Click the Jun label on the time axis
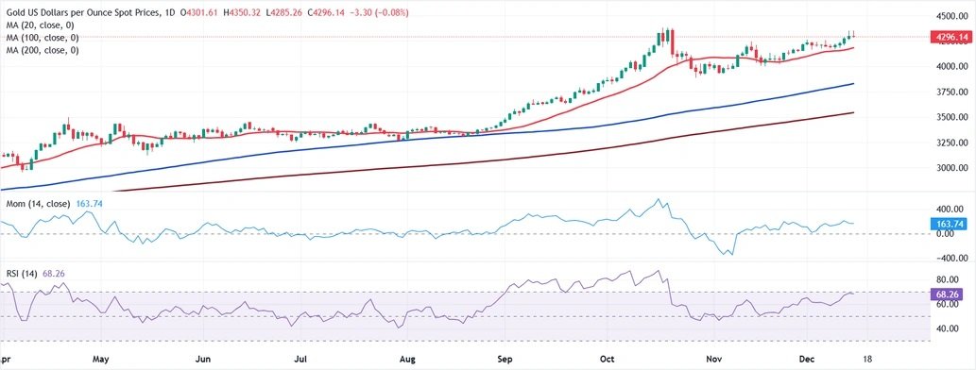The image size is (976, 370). pos(201,360)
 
